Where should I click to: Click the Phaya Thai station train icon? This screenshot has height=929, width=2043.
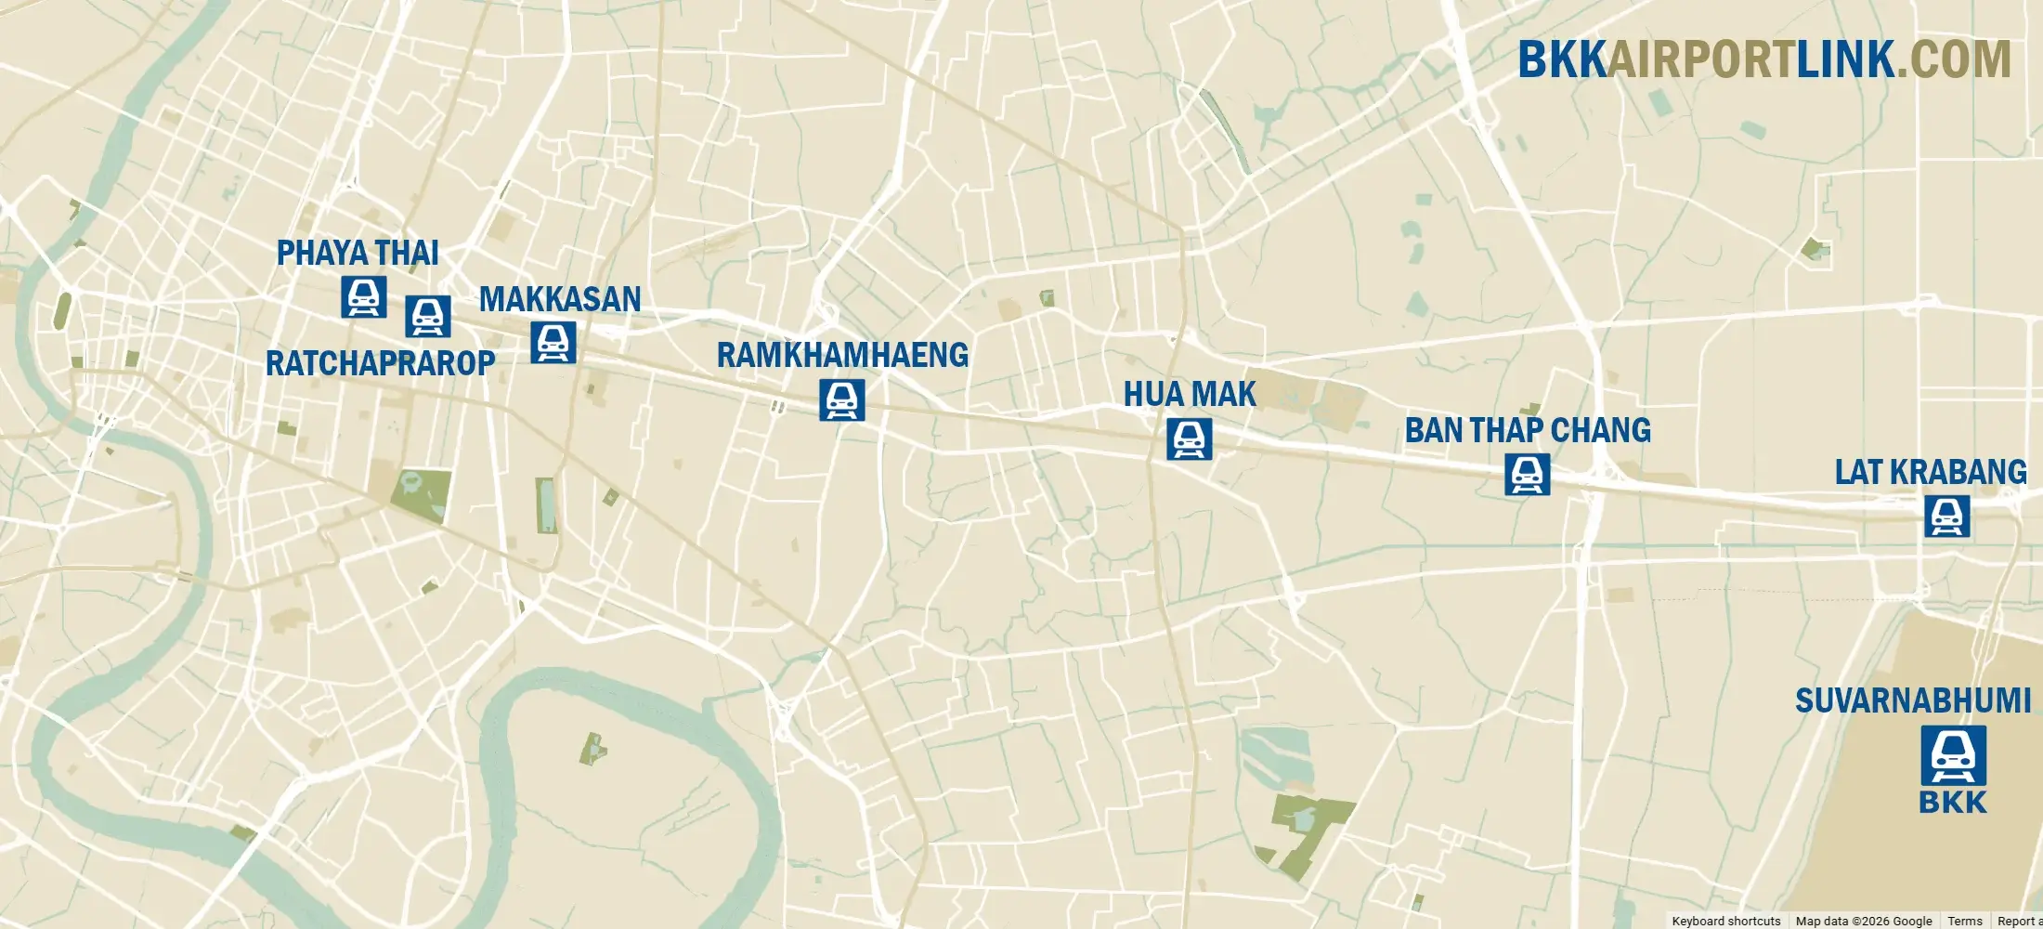pyautogui.click(x=364, y=296)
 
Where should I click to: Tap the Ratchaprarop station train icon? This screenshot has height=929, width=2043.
pyautogui.click(x=428, y=316)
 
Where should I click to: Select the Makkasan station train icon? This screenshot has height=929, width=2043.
pyautogui.click(x=553, y=342)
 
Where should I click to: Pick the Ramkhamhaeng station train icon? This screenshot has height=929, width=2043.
pyautogui.click(x=842, y=399)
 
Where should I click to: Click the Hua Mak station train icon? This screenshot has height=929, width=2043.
pyautogui.click(x=1190, y=438)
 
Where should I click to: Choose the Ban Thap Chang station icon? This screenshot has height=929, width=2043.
pyautogui.click(x=1528, y=474)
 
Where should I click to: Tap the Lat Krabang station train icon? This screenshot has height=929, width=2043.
pyautogui.click(x=1947, y=517)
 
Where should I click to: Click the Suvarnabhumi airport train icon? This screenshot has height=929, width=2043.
pyautogui.click(x=1954, y=755)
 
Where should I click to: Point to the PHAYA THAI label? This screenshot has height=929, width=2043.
pyautogui.click(x=358, y=253)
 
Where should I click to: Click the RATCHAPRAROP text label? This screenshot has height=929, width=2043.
pyautogui.click(x=381, y=363)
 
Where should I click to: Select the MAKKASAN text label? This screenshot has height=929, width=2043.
pyautogui.click(x=560, y=299)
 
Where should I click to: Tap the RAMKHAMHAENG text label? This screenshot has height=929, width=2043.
pyautogui.click(x=842, y=355)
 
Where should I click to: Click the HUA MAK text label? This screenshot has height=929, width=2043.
pyautogui.click(x=1190, y=395)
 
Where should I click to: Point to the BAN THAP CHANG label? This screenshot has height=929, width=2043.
pyautogui.click(x=1528, y=431)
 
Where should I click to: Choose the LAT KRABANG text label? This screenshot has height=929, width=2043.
pyautogui.click(x=1931, y=472)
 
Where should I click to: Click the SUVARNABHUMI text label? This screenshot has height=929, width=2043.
pyautogui.click(x=1913, y=700)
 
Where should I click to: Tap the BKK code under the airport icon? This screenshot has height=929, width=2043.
pyautogui.click(x=1953, y=803)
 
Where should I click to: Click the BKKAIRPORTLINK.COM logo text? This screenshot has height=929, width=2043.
pyautogui.click(x=1764, y=59)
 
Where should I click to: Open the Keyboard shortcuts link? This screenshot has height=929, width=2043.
pyautogui.click(x=1726, y=921)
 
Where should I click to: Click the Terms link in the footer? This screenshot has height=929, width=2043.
pyautogui.click(x=1965, y=921)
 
